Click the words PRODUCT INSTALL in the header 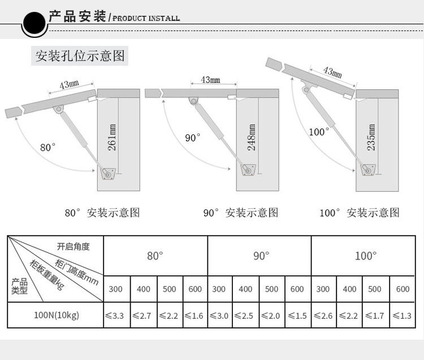(x=146, y=18)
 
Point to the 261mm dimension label (x=112, y=138)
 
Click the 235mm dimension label (x=371, y=137)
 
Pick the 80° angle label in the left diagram (x=48, y=147)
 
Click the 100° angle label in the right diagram (x=319, y=131)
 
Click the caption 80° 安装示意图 (x=102, y=213)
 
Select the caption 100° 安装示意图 (x=359, y=213)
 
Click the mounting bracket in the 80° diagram (x=107, y=173)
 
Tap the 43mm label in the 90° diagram (x=210, y=80)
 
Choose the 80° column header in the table (x=155, y=256)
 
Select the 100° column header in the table (x=365, y=256)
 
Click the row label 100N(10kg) (x=56, y=315)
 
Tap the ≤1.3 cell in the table (x=402, y=315)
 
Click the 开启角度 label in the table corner (x=73, y=247)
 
